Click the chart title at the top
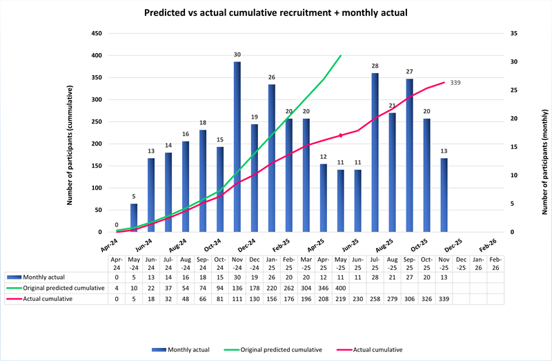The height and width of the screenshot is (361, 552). coord(275,12)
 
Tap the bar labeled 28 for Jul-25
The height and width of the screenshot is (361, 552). coord(375,152)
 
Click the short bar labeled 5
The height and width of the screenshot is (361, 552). coord(134,217)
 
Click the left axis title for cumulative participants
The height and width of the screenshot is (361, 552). coord(70,146)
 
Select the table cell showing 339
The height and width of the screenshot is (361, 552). coord(444,300)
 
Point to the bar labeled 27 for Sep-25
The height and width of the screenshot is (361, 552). coord(409,155)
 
